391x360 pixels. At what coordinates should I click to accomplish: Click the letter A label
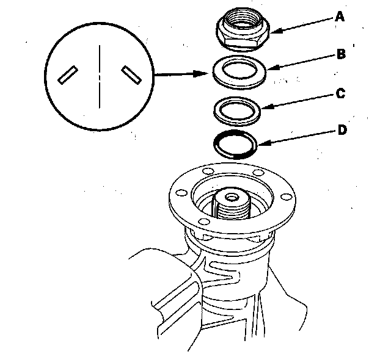tap(340, 18)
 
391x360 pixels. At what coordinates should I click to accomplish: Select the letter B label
tap(341, 54)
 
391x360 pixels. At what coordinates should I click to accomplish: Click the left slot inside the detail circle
tap(66, 74)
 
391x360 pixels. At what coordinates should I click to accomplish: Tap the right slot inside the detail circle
tap(131, 74)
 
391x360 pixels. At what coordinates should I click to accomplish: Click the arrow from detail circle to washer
tap(183, 75)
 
